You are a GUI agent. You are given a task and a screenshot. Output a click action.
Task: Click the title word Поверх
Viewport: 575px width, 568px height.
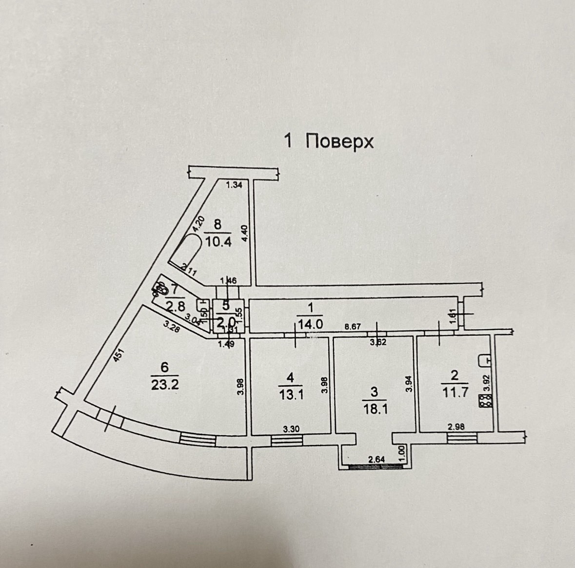(x=339, y=141)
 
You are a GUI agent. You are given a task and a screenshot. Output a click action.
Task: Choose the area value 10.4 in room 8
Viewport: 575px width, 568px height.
(x=218, y=241)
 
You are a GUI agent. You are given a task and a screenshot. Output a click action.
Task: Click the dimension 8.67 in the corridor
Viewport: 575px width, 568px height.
(x=352, y=327)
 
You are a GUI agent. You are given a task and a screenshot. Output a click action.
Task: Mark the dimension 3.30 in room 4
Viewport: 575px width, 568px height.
(x=292, y=429)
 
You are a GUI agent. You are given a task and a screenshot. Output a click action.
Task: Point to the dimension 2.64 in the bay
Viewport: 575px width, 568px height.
(x=377, y=458)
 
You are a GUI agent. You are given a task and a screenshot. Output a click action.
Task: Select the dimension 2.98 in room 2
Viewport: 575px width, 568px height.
(x=457, y=427)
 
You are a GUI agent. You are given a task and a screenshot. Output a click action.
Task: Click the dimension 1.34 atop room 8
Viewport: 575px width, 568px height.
(x=234, y=184)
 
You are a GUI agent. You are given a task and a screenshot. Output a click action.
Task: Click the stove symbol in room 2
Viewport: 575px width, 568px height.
(x=484, y=402)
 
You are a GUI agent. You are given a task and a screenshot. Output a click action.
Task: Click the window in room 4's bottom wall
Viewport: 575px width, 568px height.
(x=287, y=440)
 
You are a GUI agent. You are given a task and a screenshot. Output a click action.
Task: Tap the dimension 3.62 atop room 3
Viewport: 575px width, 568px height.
(x=378, y=342)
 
